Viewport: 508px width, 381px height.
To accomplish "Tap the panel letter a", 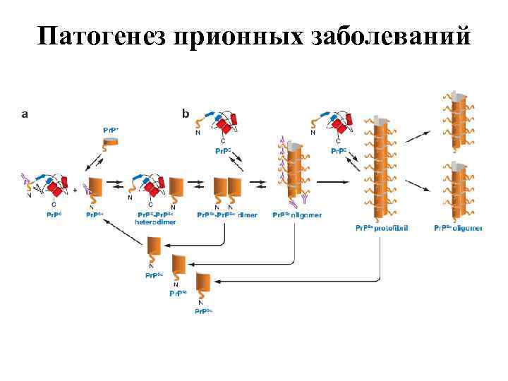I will (x=26, y=112).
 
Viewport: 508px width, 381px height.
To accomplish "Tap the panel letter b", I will (x=186, y=112).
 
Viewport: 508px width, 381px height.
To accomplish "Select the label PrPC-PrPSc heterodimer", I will (x=155, y=217).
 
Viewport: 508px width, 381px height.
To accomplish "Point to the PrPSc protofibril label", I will (x=382, y=228).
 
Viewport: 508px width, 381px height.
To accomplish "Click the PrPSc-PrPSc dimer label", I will (x=227, y=214).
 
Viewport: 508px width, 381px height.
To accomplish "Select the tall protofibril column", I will (x=381, y=169).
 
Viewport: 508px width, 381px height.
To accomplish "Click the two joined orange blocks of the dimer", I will (x=227, y=188).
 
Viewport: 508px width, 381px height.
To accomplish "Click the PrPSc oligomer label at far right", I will (x=458, y=228).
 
